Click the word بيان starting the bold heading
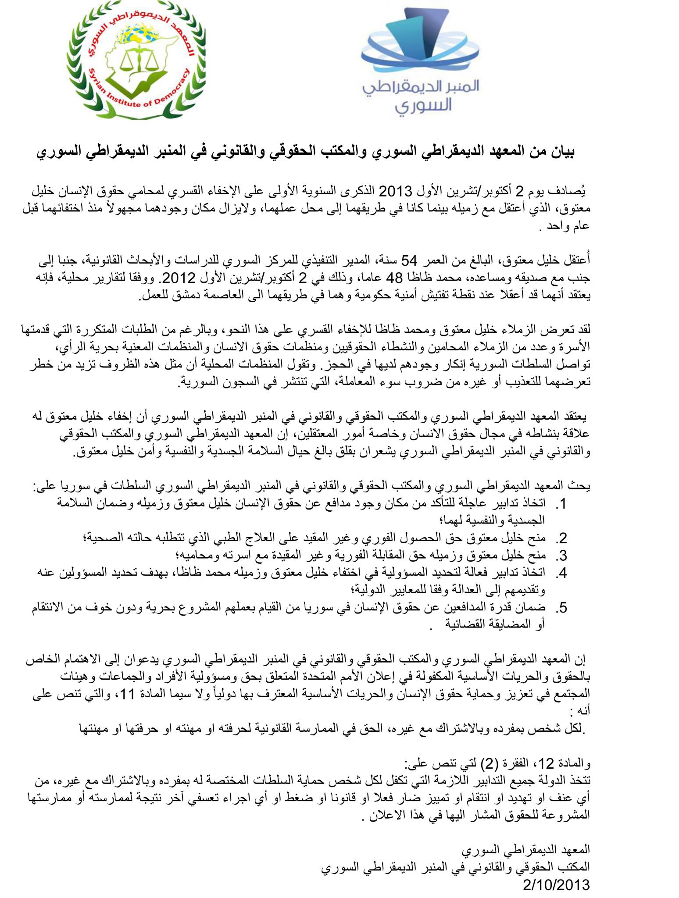coord(561,153)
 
